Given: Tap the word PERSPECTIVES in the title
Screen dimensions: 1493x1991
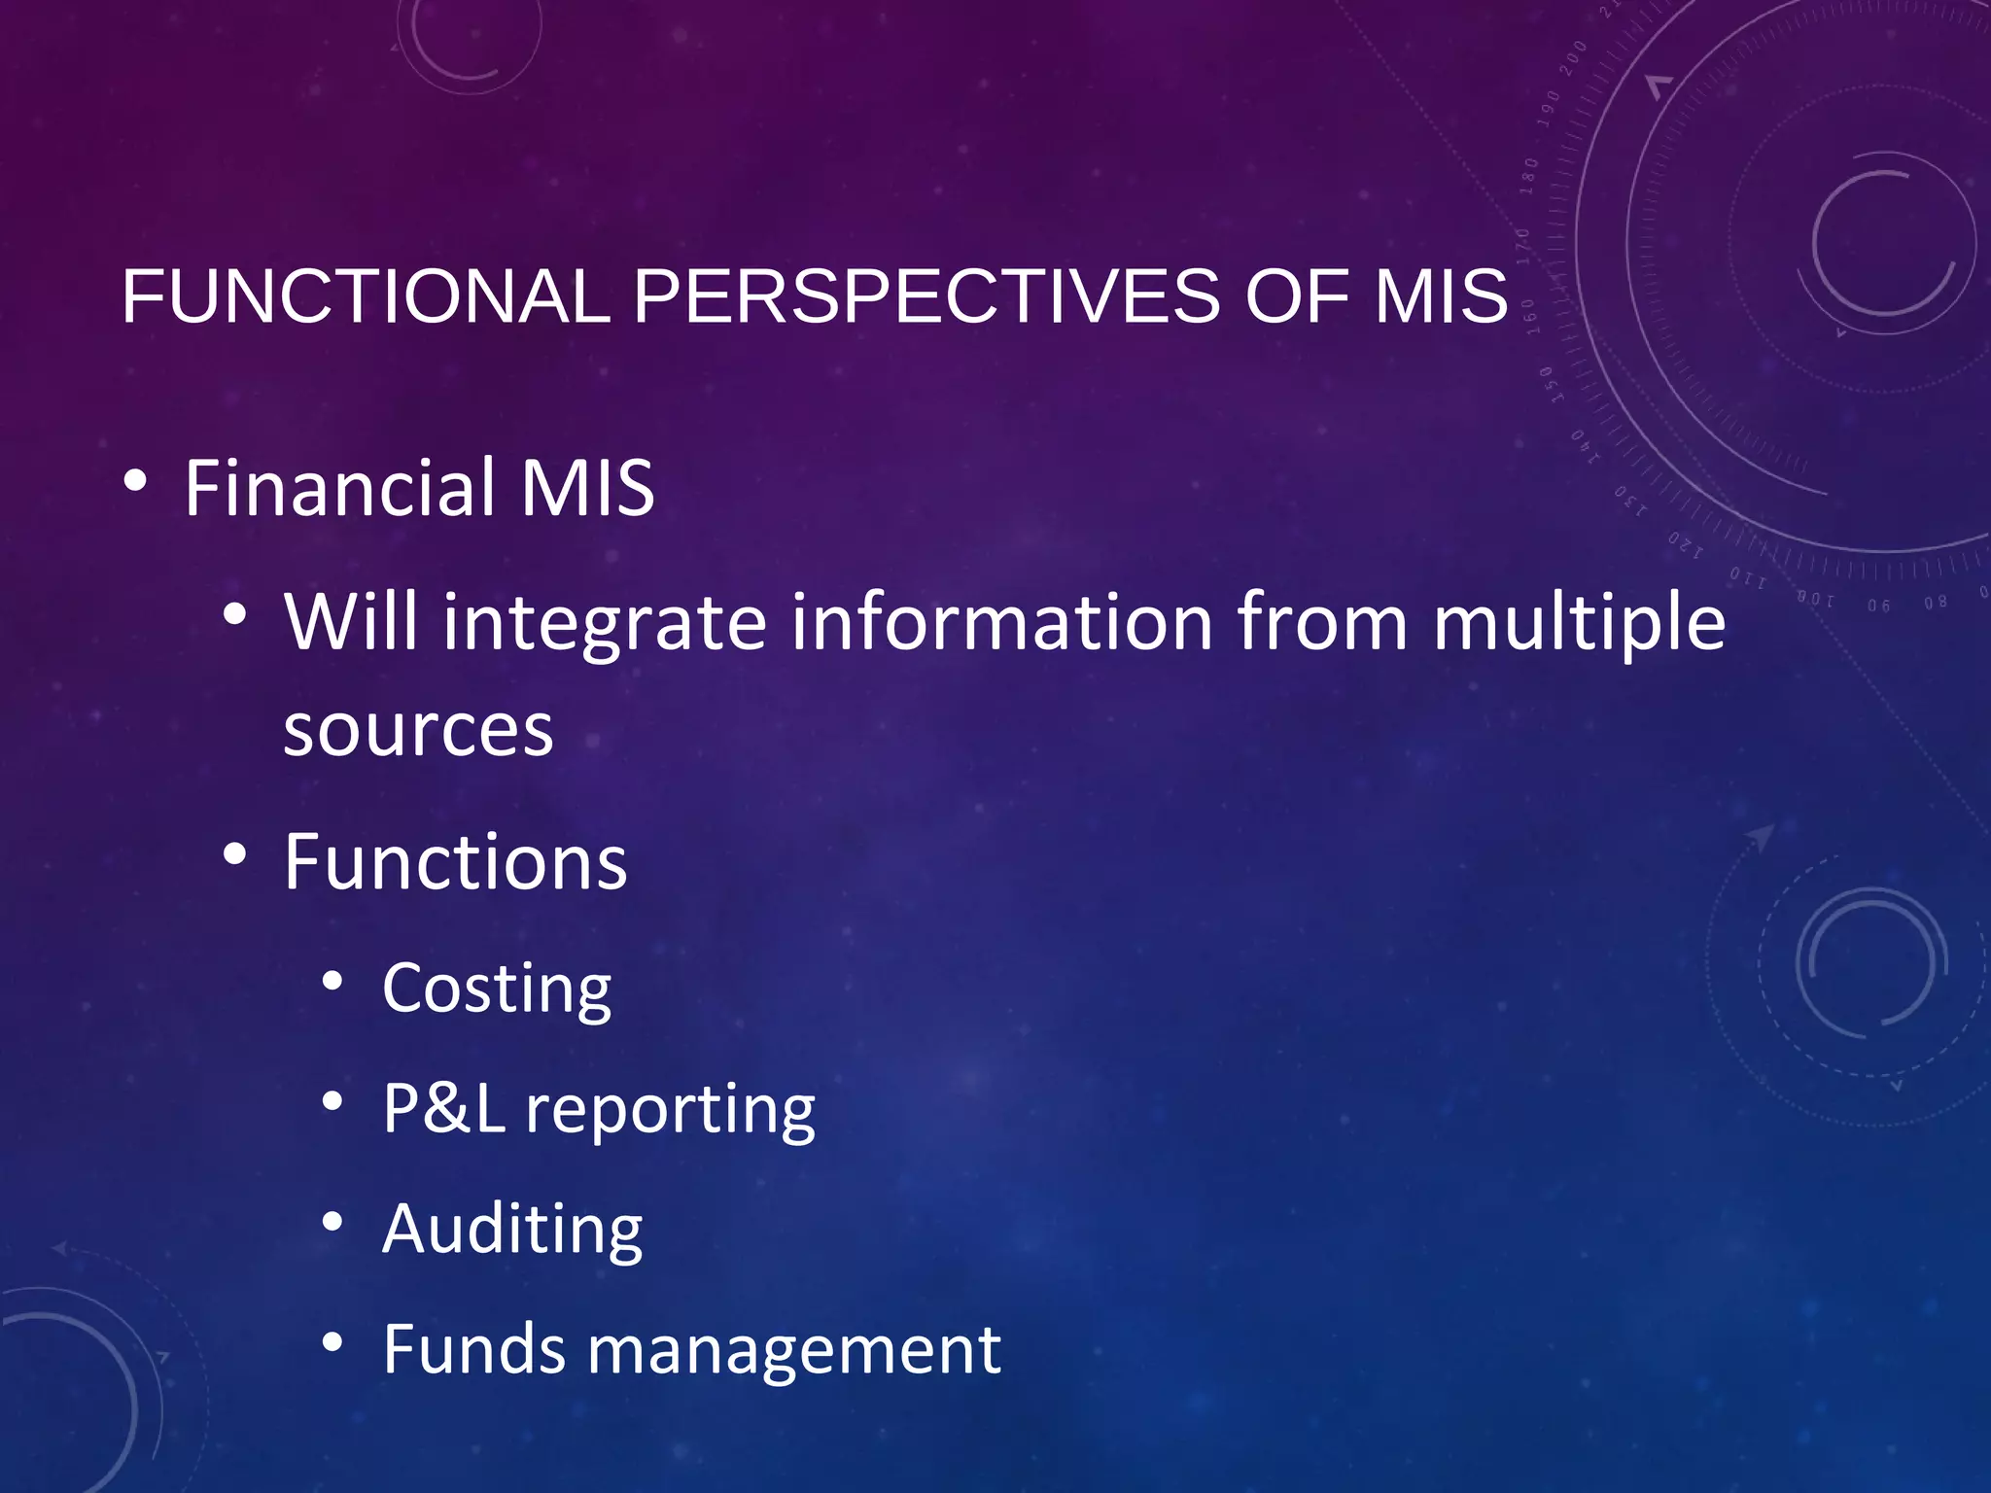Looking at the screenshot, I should pos(926,296).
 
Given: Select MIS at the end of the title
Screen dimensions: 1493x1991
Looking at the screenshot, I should pos(1441,296).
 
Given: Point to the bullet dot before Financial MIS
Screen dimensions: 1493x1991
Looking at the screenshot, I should pos(136,481).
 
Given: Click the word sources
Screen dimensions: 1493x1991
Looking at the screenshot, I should pos(418,731).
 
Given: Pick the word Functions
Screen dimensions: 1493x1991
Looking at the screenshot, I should pos(455,862).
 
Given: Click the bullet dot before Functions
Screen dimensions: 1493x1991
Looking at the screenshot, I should pos(234,855).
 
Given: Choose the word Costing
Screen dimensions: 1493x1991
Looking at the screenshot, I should pos(497,989).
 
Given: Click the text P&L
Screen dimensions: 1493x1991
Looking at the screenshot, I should pos(443,1108).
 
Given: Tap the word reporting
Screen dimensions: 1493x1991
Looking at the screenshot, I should pos(670,1110).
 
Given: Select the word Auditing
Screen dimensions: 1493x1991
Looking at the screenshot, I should pos(512,1230).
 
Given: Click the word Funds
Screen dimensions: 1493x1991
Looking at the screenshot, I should pos(473,1349).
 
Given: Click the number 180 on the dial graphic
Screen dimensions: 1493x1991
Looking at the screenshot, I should pos(1529,176).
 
